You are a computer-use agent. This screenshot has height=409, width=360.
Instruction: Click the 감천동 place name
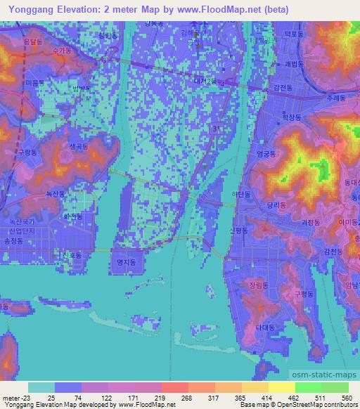click(333, 250)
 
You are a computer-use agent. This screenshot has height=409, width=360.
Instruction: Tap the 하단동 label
click(240, 193)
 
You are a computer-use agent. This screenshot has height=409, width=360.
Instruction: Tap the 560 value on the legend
click(346, 397)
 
